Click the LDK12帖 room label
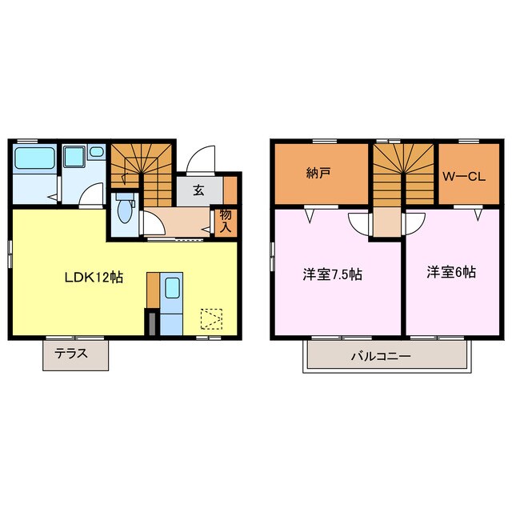tap(94, 278)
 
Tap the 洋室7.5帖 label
tap(333, 274)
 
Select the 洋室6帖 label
tap(451, 272)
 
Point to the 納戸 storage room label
tap(318, 173)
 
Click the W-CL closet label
tap(464, 177)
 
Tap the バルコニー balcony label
tap(381, 356)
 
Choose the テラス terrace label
tap(71, 353)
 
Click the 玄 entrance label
tap(198, 190)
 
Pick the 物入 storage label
tap(226, 221)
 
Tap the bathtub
tap(34, 158)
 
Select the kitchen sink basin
tap(172, 288)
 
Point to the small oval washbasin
tap(96, 151)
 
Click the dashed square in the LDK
tap(211, 318)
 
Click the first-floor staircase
tap(142, 174)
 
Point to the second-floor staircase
tap(403, 174)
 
